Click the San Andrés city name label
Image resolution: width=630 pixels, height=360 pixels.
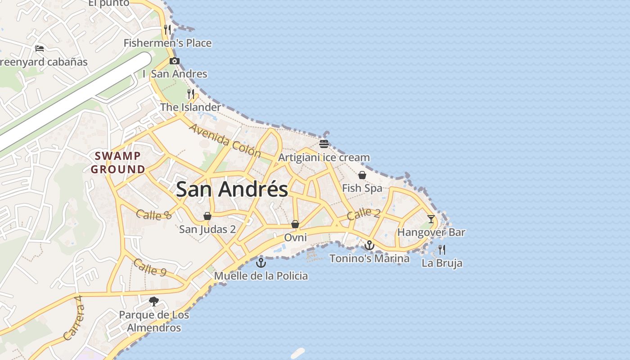(x=232, y=189)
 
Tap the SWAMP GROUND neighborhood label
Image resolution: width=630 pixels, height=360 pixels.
(x=118, y=162)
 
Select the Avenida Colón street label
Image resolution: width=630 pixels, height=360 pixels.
(x=225, y=140)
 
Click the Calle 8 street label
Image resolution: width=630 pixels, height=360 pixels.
(x=153, y=215)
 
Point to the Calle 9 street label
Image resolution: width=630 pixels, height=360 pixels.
(x=150, y=267)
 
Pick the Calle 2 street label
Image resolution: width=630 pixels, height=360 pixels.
(x=364, y=214)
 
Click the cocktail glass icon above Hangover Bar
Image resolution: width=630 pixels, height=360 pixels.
(x=431, y=219)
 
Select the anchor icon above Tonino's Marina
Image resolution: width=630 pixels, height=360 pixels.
(x=369, y=245)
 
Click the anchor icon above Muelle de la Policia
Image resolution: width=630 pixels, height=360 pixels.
(x=261, y=262)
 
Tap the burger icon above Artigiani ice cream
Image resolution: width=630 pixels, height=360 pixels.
(x=324, y=144)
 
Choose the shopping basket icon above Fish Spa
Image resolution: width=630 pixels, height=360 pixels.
(x=362, y=175)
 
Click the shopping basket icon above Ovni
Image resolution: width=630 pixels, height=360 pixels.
(x=295, y=224)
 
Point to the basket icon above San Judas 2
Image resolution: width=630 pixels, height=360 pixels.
(x=207, y=216)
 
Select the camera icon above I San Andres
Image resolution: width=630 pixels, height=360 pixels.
(x=175, y=61)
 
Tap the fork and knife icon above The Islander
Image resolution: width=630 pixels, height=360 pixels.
(x=191, y=94)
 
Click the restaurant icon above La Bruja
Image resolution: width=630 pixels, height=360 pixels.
(x=442, y=249)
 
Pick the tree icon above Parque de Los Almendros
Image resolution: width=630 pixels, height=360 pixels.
(x=154, y=301)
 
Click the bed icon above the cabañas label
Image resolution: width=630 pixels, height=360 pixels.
(x=40, y=48)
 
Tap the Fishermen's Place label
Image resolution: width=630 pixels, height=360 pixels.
(x=167, y=43)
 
